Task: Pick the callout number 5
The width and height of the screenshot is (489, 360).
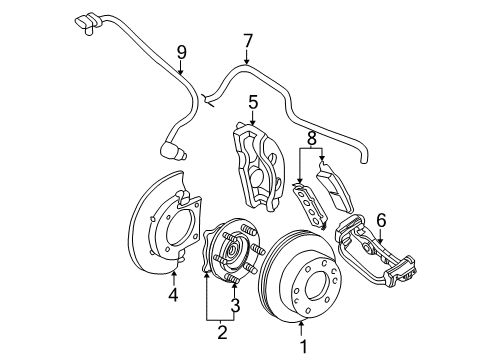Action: coord(253,101)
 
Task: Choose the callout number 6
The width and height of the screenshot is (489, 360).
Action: coord(380,248)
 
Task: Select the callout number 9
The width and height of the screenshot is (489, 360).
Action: coord(181,52)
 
